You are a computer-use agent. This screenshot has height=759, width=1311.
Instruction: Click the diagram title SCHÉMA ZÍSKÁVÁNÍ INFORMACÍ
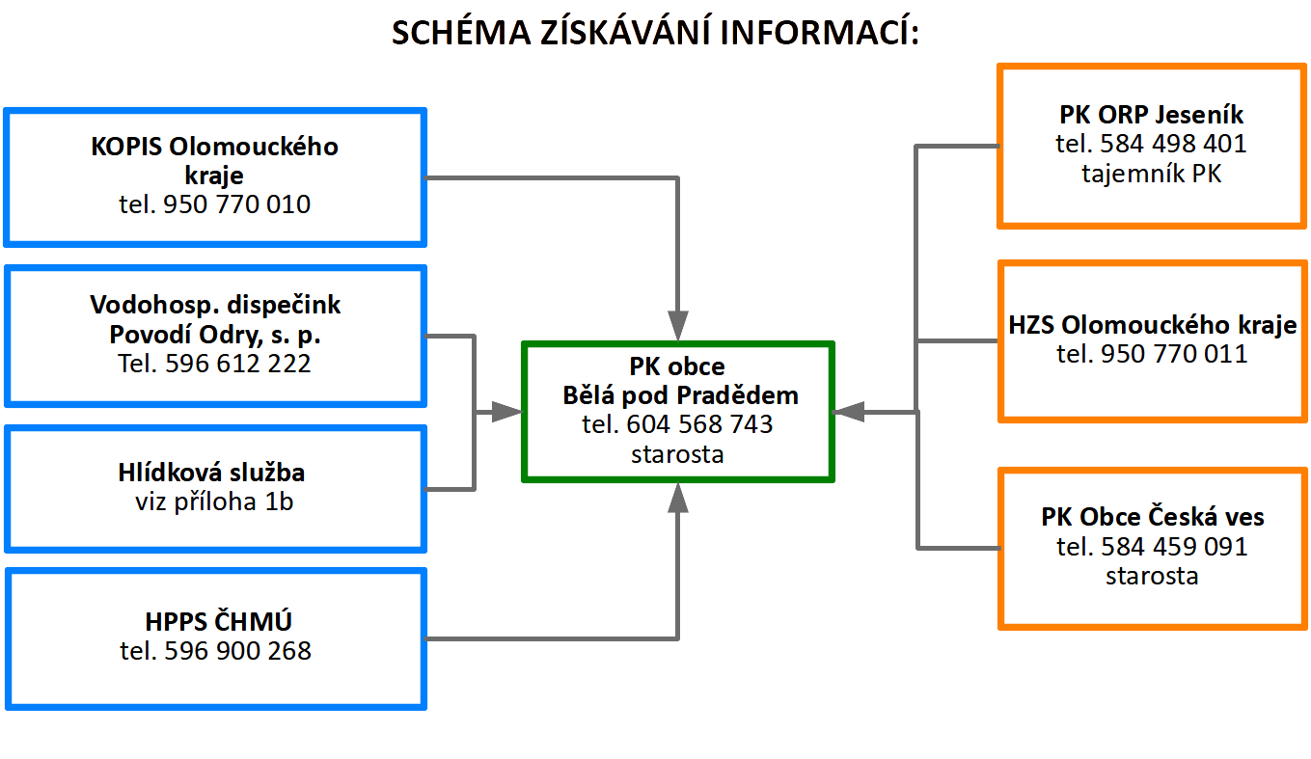pyautogui.click(x=655, y=33)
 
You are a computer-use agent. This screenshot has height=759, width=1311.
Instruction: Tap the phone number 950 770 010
pyautogui.click(x=215, y=204)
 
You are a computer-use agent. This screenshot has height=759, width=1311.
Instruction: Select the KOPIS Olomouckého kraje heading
pyautogui.click(x=215, y=161)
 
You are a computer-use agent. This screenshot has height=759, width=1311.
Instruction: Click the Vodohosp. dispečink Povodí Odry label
pyautogui.click(x=215, y=320)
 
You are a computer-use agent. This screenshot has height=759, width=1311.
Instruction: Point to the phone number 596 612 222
pyautogui.click(x=215, y=364)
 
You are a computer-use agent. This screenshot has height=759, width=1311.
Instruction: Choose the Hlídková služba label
pyautogui.click(x=215, y=473)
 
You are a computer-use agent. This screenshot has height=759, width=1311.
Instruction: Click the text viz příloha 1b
pyautogui.click(x=215, y=501)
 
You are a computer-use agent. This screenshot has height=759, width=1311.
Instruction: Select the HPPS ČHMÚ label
pyautogui.click(x=215, y=620)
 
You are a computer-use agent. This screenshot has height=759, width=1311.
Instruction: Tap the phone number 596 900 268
pyautogui.click(x=215, y=651)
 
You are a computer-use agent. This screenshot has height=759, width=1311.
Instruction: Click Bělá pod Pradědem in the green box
pyautogui.click(x=680, y=395)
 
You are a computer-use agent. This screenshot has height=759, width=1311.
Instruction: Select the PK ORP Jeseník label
pyautogui.click(x=1152, y=115)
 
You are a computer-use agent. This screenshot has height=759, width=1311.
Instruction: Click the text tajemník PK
pyautogui.click(x=1152, y=175)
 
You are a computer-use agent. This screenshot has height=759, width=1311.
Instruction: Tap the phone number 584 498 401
pyautogui.click(x=1152, y=145)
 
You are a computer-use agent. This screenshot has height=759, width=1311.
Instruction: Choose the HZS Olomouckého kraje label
pyautogui.click(x=1152, y=325)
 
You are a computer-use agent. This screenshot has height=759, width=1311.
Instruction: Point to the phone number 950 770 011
pyautogui.click(x=1152, y=354)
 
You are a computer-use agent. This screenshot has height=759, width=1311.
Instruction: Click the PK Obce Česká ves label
pyautogui.click(x=1152, y=517)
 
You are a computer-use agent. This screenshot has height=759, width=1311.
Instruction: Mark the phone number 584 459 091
pyautogui.click(x=1152, y=547)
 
